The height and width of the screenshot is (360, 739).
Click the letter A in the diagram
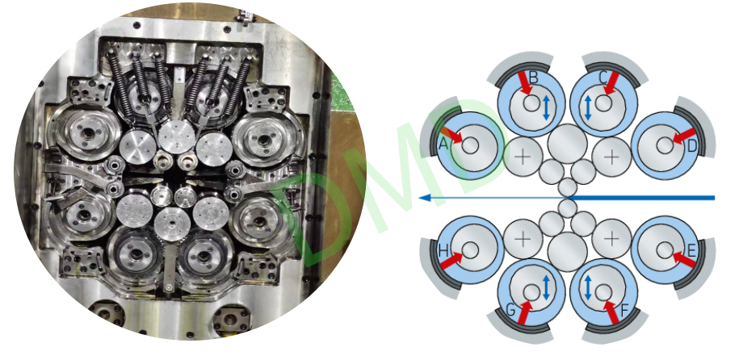pyautogui.click(x=443, y=144)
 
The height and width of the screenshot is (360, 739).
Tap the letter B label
pyautogui.click(x=534, y=77)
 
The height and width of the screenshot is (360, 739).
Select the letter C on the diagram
pyautogui.click(x=603, y=77)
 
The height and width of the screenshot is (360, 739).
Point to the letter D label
pyautogui.click(x=691, y=147)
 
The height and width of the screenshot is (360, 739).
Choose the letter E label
pyautogui.click(x=691, y=251)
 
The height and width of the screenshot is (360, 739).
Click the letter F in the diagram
pyautogui.click(x=625, y=311)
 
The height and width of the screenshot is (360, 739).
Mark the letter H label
pyautogui.click(x=443, y=251)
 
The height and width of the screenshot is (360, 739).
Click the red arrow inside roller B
pyautogui.click(x=524, y=83)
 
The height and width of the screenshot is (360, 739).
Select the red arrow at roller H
pyautogui.click(x=451, y=261)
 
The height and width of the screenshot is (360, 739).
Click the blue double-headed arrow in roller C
pyautogui.click(x=588, y=107)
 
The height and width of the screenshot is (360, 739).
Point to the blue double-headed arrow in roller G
pyautogui.click(x=546, y=287)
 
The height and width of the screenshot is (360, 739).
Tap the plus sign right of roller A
pyautogui.click(x=523, y=157)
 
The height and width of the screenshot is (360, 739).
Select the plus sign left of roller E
pyautogui.click(x=611, y=240)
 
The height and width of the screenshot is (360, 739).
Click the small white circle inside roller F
pyautogui.click(x=603, y=293)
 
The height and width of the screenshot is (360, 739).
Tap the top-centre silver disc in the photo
pyautogui.click(x=177, y=137)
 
